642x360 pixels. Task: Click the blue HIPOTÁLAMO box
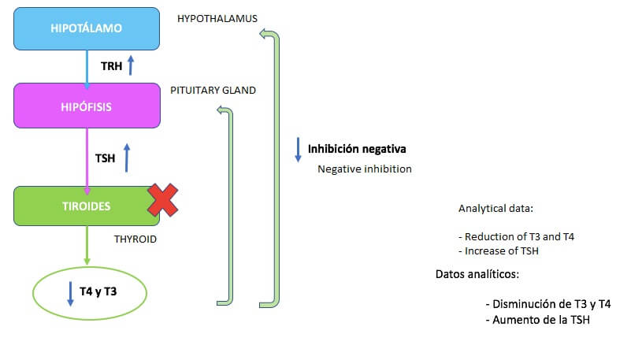tap(87, 28)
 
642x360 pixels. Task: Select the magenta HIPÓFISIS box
tap(87, 106)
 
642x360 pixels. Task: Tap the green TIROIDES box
tap(87, 206)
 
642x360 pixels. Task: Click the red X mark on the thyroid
tap(163, 200)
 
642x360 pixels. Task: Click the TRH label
tap(112, 66)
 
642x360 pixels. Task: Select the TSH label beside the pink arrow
tap(105, 158)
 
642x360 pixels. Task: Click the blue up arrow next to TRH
tap(131, 65)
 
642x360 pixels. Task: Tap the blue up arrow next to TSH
tap(126, 157)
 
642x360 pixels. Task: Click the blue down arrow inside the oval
tap(70, 293)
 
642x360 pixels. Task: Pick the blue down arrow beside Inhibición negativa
tap(298, 150)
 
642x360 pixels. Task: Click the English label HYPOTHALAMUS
tap(217, 17)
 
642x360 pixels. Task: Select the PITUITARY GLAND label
tap(213, 91)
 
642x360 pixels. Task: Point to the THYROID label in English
tap(135, 239)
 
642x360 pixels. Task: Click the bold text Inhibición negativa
tap(357, 148)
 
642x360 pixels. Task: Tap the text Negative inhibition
tap(364, 169)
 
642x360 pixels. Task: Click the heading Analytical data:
tap(495, 209)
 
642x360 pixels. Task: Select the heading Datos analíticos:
tap(477, 274)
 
